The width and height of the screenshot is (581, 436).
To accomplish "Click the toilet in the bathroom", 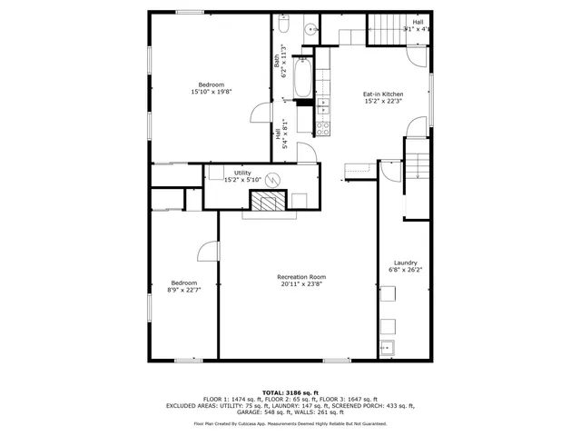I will pos(281,16).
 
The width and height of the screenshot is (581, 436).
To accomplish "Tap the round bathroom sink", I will pos(309,27).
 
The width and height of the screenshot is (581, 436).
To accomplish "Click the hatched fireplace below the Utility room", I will pos(268,202).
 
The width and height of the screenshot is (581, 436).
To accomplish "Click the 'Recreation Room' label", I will pos(301,277).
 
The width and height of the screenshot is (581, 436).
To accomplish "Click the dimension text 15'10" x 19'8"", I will pos(212,92).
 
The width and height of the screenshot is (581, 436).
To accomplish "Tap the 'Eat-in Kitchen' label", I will pos(382,94).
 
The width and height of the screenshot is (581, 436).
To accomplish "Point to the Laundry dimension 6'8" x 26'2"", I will pos(405,270).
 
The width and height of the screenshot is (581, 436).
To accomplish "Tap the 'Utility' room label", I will pos(242,173).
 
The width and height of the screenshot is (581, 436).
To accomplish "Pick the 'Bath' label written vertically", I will pos(277,61).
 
